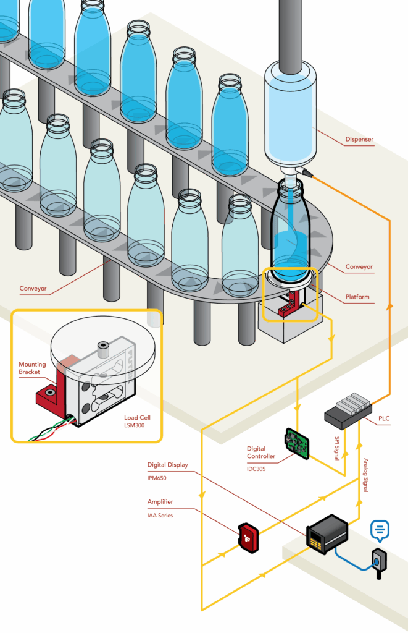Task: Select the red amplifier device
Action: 248,537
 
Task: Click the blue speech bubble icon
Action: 380,530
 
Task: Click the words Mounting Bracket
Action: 32,368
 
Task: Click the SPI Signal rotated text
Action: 336,448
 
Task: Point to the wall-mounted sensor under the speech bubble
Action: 378,561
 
